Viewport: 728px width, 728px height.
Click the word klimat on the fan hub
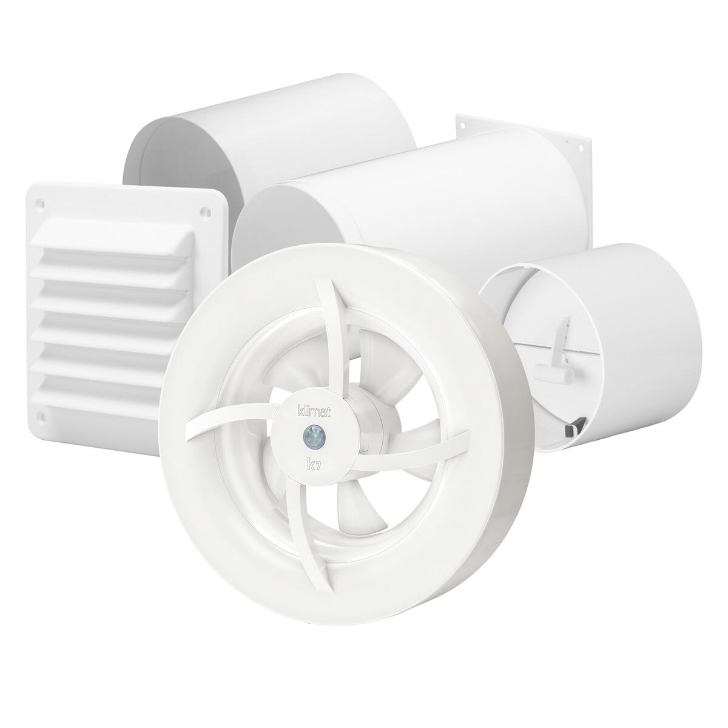(x=313, y=412)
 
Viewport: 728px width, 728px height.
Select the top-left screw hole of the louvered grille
(x=42, y=204)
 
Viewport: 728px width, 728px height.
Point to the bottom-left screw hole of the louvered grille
(x=42, y=417)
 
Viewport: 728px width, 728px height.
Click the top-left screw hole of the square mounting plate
(x=463, y=124)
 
